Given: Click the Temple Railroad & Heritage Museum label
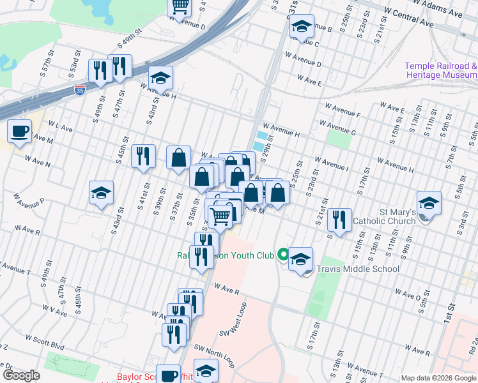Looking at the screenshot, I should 441,70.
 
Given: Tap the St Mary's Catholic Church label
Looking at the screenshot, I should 389,216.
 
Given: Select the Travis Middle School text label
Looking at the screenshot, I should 360,269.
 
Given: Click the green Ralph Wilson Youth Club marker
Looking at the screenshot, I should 282,255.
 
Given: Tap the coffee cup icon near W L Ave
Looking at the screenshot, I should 19,131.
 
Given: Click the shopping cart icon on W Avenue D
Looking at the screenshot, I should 180,6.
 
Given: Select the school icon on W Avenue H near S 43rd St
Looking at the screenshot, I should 161,78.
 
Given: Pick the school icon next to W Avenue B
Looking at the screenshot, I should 301,26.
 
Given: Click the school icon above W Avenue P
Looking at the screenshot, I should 101,193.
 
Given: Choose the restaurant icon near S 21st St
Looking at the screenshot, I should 339,220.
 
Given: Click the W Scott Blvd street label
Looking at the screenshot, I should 45,341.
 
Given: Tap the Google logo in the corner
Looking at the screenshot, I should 21,375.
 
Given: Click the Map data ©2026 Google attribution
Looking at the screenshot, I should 438,378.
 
